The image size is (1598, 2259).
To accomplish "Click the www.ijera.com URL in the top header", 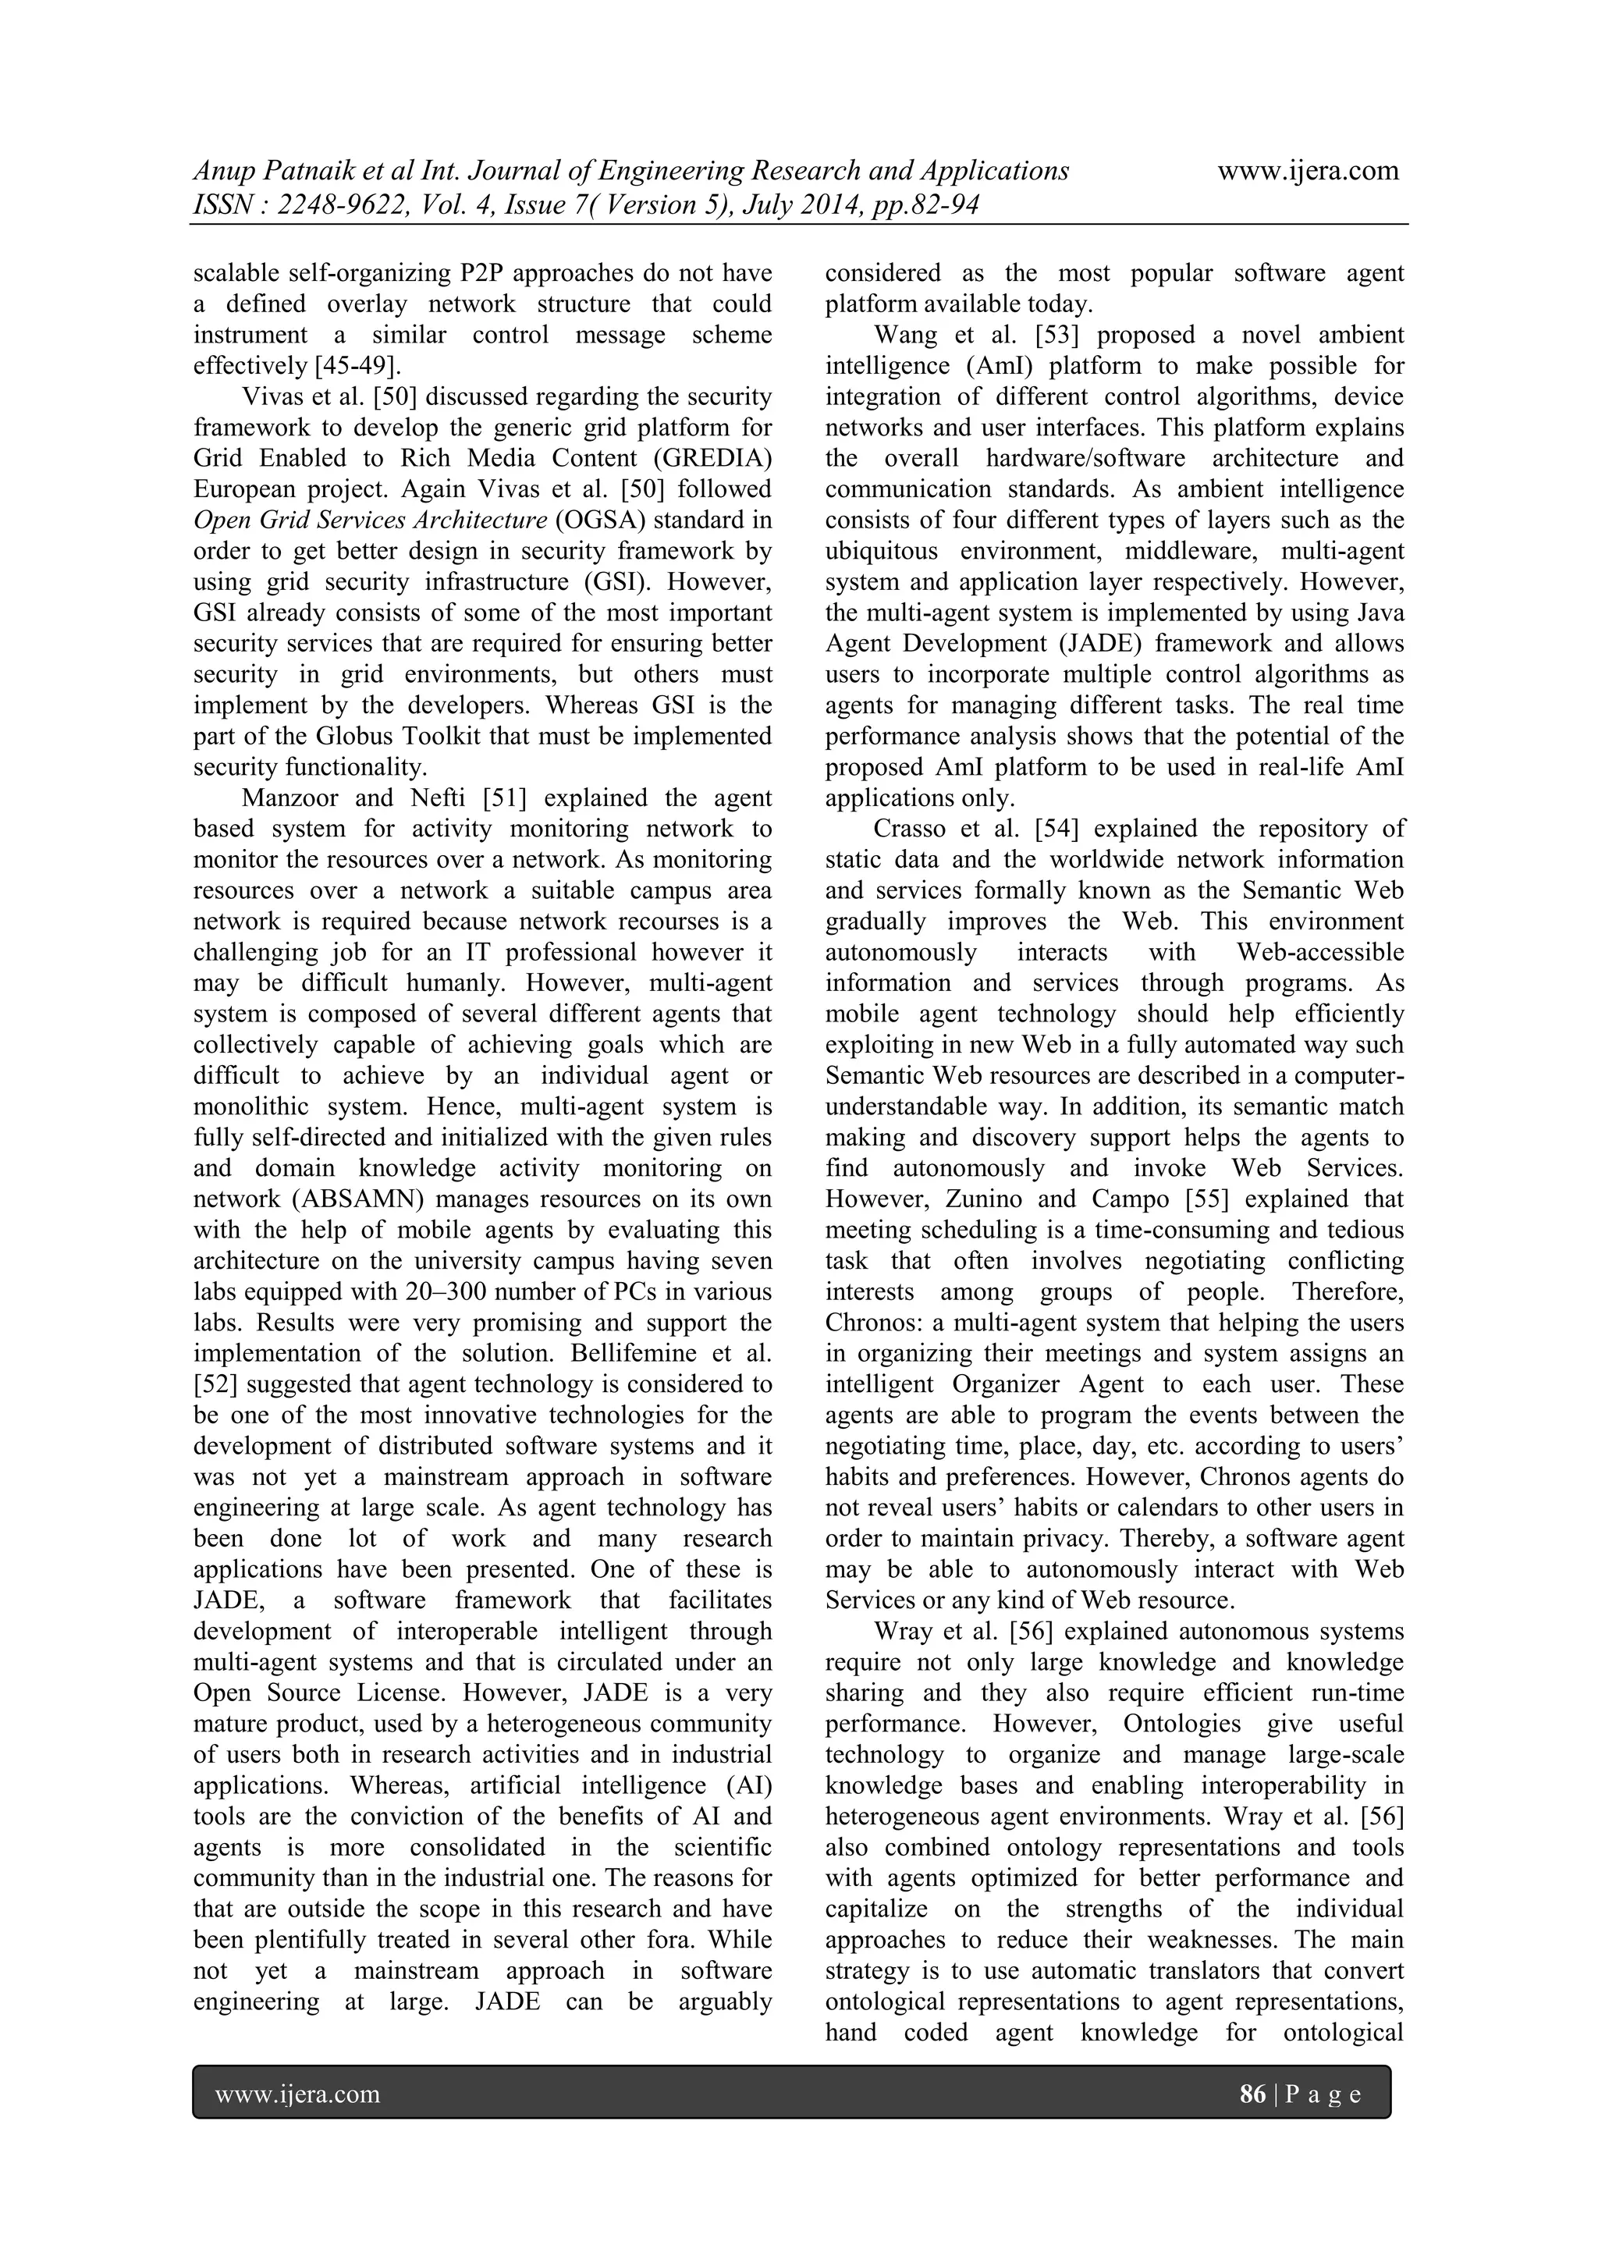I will pyautogui.click(x=1308, y=170).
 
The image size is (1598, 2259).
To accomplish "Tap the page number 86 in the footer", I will pyautogui.click(x=1252, y=2094).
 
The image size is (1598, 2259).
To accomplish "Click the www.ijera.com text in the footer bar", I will pyautogui.click(x=297, y=2094).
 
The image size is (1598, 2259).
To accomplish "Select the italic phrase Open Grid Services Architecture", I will pyautogui.click(x=370, y=520).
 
